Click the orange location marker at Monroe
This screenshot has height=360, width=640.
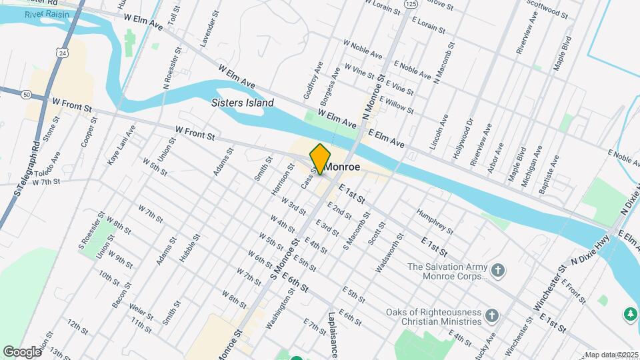[x=320, y=159]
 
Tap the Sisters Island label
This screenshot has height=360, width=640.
[x=242, y=103]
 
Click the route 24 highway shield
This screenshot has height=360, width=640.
[x=62, y=51]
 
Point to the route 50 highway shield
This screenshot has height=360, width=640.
[x=26, y=95]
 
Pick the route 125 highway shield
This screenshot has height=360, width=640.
[x=411, y=4]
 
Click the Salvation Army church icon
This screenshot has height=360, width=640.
[x=497, y=271]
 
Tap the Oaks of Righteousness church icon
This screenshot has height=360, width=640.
[x=491, y=315]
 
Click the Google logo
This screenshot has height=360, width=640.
[x=22, y=351]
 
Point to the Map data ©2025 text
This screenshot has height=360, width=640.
[x=611, y=355]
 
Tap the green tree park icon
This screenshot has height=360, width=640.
[x=629, y=313]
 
